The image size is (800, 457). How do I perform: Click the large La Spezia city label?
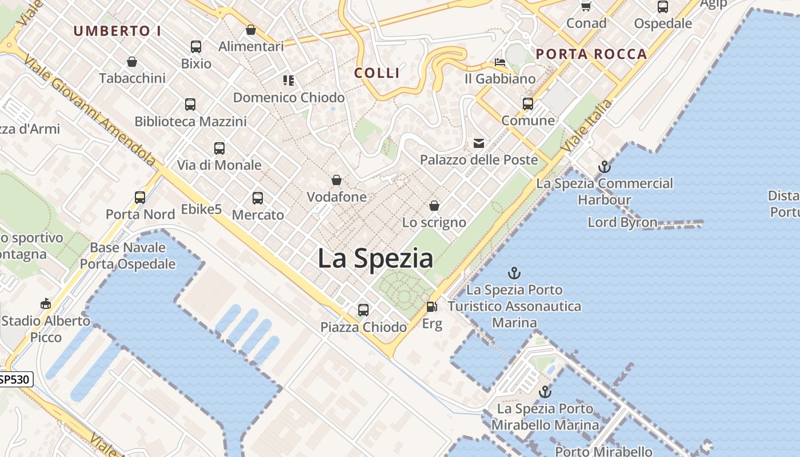(x=375, y=258)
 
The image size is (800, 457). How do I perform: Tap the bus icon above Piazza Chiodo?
(x=363, y=310)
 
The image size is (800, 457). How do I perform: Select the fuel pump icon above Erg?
(x=432, y=307)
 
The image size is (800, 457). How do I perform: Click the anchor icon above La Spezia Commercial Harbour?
(x=605, y=167)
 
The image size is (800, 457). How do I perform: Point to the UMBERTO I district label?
(x=117, y=31)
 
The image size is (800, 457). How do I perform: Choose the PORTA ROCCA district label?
(x=591, y=54)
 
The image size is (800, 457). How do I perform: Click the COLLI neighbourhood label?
(x=377, y=73)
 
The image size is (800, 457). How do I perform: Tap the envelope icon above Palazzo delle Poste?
(x=479, y=143)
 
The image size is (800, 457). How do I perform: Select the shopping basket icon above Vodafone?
(x=337, y=181)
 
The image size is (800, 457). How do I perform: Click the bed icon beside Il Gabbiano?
(x=500, y=62)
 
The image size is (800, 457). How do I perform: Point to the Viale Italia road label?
(x=587, y=125)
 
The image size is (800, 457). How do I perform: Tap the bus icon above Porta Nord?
(x=140, y=198)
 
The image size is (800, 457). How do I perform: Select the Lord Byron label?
(x=622, y=222)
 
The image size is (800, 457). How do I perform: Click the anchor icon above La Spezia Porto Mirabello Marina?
(x=545, y=392)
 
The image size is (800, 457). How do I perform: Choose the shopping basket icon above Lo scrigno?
(x=434, y=206)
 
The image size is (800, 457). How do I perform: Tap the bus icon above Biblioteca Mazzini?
(x=190, y=105)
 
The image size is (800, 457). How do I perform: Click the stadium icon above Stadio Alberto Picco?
(x=46, y=303)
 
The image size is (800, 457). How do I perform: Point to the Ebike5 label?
(x=201, y=210)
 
